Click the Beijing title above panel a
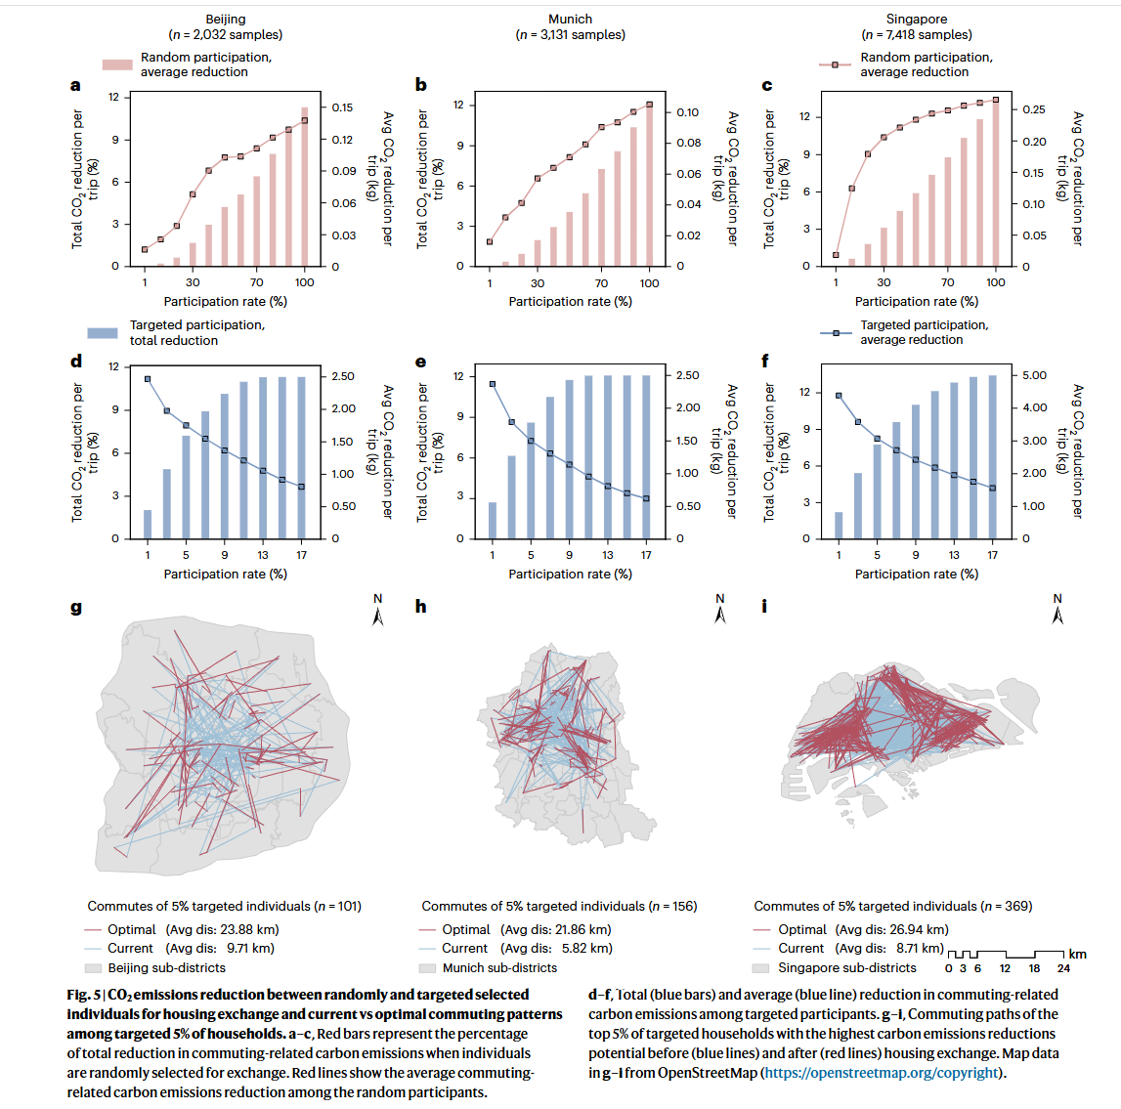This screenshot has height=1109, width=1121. pyautogui.click(x=226, y=20)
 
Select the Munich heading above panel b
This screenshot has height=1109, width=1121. pyautogui.click(x=571, y=20)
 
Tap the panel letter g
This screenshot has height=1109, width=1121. pyautogui.click(x=76, y=608)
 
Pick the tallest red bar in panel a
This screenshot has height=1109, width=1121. pyautogui.click(x=305, y=186)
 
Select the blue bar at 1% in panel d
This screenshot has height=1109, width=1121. pyautogui.click(x=148, y=524)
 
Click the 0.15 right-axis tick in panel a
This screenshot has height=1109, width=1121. pyautogui.click(x=342, y=107)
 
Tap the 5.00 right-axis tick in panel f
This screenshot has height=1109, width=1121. pyautogui.click(x=1034, y=375)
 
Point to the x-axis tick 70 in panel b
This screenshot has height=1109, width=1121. pyautogui.click(x=602, y=283)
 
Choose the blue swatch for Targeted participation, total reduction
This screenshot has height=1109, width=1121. pyautogui.click(x=103, y=333)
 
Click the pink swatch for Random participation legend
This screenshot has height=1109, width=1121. pyautogui.click(x=117, y=64)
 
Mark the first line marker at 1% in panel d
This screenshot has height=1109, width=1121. pyautogui.click(x=148, y=379)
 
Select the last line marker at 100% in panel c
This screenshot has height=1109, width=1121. pyautogui.click(x=996, y=100)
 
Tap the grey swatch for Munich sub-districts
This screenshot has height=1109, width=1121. pyautogui.click(x=427, y=968)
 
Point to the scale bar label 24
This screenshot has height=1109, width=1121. pyautogui.click(x=1063, y=969)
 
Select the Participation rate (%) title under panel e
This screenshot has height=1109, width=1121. pyautogui.click(x=570, y=575)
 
